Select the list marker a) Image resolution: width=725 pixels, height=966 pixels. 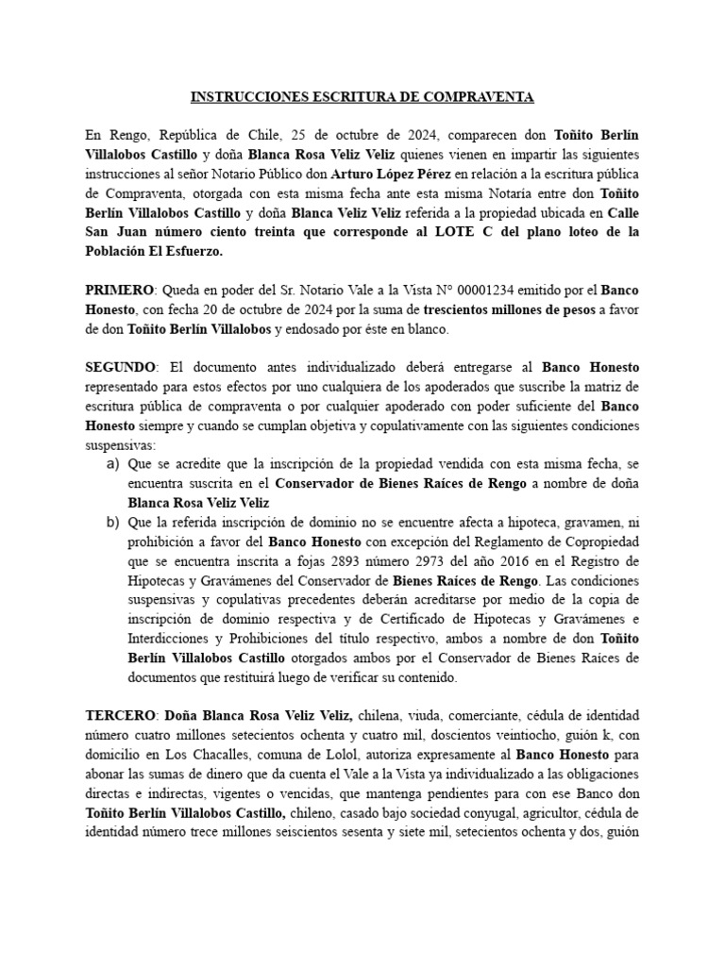112,465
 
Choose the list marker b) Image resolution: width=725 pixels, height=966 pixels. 112,525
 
